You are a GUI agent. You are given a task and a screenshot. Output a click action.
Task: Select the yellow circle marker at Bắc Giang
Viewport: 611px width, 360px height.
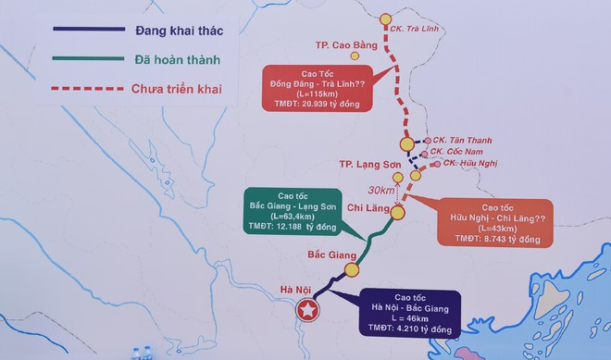(352, 270)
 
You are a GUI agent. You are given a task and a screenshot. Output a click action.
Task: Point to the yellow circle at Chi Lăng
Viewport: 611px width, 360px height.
(397, 213)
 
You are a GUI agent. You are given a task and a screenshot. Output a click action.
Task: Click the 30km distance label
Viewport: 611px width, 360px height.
(382, 190)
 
